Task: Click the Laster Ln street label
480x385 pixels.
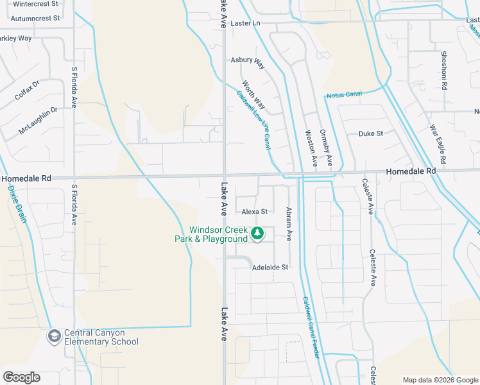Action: [246, 23]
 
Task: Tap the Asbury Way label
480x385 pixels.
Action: [248, 62]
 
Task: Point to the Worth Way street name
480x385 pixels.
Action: [253, 94]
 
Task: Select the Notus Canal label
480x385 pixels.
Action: [344, 95]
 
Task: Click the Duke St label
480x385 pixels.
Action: [370, 133]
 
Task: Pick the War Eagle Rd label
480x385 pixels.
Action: [442, 143]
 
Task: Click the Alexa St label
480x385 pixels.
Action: [254, 211]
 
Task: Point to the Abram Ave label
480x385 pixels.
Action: [289, 224]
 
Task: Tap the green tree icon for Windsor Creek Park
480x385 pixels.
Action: [257, 233]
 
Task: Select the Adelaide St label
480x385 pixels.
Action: [271, 267]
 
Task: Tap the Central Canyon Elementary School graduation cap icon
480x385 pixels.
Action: [55, 336]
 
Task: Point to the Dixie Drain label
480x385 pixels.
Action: [17, 204]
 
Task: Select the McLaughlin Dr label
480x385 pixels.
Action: [38, 120]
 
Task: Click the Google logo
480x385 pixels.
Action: [21, 377]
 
